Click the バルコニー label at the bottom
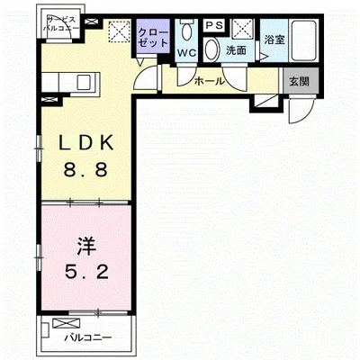coord(88,338)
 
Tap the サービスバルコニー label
coord(61,24)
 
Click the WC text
coord(185,53)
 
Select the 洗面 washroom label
coord(237,50)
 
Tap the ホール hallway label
coord(209,81)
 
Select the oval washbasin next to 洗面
coord(212,50)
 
